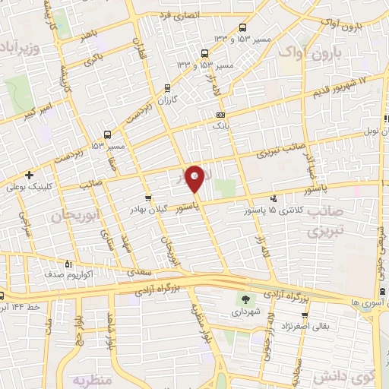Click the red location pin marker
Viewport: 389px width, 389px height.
pos(195,180)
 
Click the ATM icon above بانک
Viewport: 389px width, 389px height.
pos(220,114)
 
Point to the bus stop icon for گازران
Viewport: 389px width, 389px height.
pos(166,89)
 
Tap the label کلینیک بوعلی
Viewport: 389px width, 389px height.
pos(28,185)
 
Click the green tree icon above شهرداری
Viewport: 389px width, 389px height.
pos(245,299)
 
